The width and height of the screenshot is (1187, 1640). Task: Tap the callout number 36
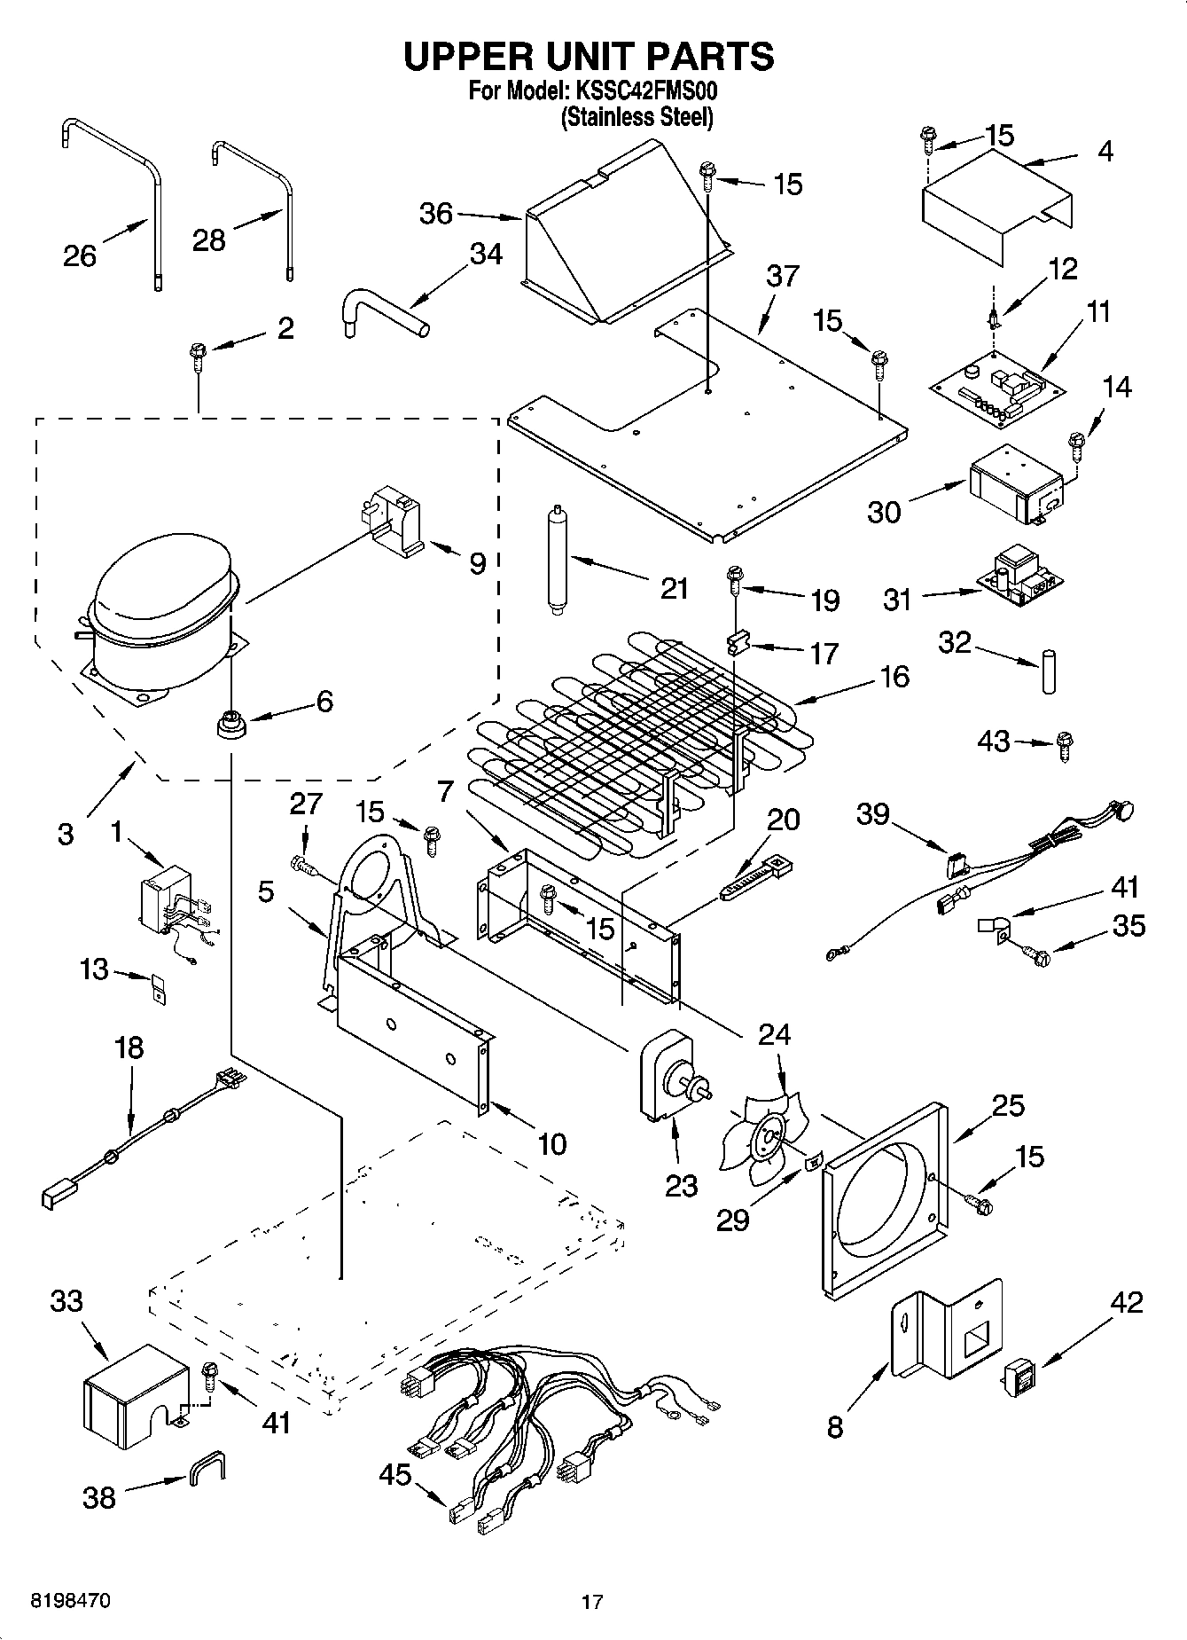tap(435, 214)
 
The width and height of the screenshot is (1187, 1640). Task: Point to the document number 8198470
tap(71, 1601)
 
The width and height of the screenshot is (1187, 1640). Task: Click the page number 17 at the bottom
tap(592, 1602)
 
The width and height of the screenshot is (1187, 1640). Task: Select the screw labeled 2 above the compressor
tap(197, 359)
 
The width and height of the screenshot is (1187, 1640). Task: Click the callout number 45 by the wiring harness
tap(395, 1475)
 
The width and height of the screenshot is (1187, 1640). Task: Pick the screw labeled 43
tap(1065, 747)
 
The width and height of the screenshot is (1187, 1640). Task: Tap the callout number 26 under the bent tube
tap(79, 256)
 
